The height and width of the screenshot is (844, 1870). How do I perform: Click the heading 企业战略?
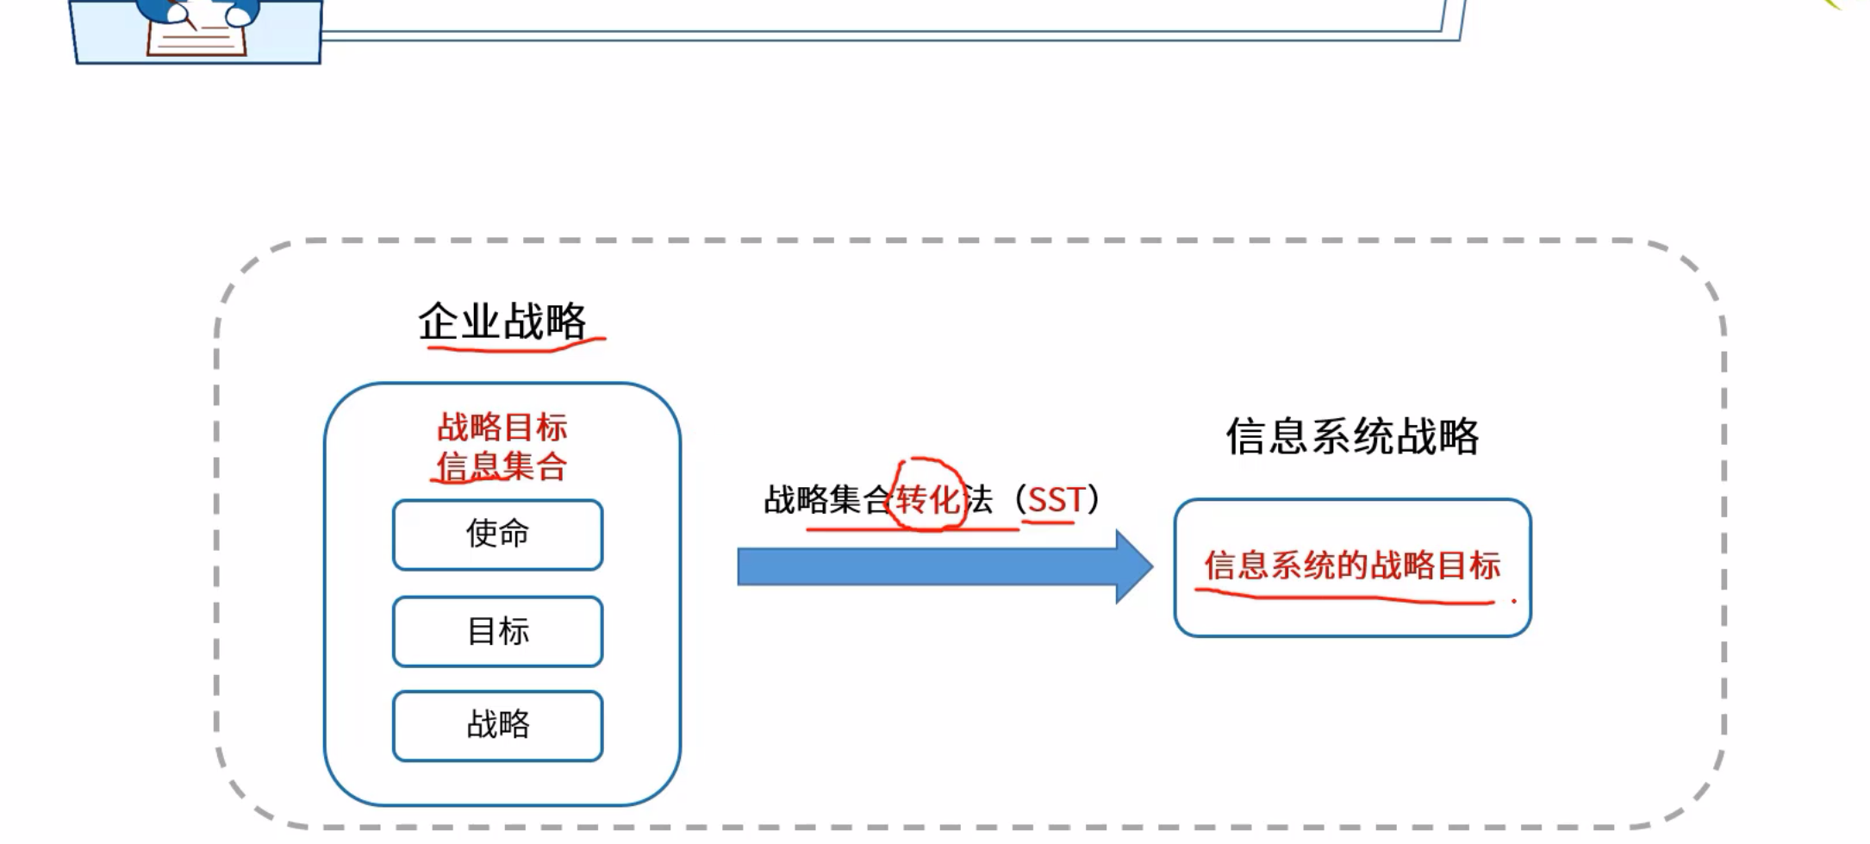502,322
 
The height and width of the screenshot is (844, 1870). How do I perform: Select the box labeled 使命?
497,535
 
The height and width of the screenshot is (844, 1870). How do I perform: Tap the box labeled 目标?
497,631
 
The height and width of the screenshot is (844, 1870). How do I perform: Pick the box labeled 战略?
497,725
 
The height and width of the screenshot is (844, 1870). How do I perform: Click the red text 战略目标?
502,427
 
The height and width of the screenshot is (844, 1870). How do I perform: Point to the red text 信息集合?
502,466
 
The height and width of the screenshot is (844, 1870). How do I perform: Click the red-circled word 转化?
927,499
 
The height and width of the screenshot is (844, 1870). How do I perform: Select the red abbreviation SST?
1056,499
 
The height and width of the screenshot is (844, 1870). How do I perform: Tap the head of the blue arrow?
1135,566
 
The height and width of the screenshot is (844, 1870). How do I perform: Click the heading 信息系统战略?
1352,436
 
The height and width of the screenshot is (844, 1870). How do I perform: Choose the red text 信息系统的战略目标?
1352,566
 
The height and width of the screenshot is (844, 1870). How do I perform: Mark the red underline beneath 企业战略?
515,347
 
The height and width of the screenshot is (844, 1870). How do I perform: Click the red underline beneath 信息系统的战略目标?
1344,597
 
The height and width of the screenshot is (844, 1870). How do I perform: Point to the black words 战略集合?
826,500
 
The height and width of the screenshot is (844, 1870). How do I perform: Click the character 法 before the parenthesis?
978,500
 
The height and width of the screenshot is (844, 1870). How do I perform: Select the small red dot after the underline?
1513,601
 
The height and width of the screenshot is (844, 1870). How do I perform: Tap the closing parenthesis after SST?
1094,499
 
